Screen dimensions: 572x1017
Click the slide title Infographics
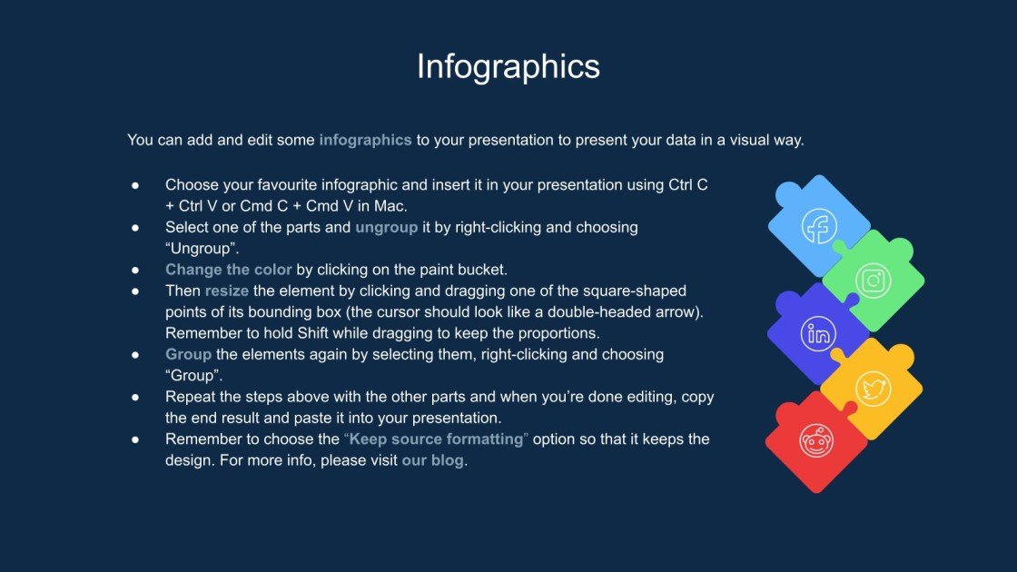coord(508,67)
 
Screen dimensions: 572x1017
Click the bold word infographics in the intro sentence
coord(365,141)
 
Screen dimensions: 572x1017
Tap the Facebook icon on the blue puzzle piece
coord(819,226)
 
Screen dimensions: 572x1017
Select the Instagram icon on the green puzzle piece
coord(873,281)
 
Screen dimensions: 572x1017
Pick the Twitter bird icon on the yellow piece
coord(873,390)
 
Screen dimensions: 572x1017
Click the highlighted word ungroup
coord(386,227)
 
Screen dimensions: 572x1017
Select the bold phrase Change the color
coord(229,270)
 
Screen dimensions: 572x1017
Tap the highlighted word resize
coord(227,291)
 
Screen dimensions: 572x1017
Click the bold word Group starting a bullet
coord(188,354)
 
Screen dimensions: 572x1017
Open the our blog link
coord(432,459)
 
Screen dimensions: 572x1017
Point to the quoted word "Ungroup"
coord(202,248)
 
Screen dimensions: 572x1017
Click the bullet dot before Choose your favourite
coord(134,185)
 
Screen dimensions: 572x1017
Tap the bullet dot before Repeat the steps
coord(134,397)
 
